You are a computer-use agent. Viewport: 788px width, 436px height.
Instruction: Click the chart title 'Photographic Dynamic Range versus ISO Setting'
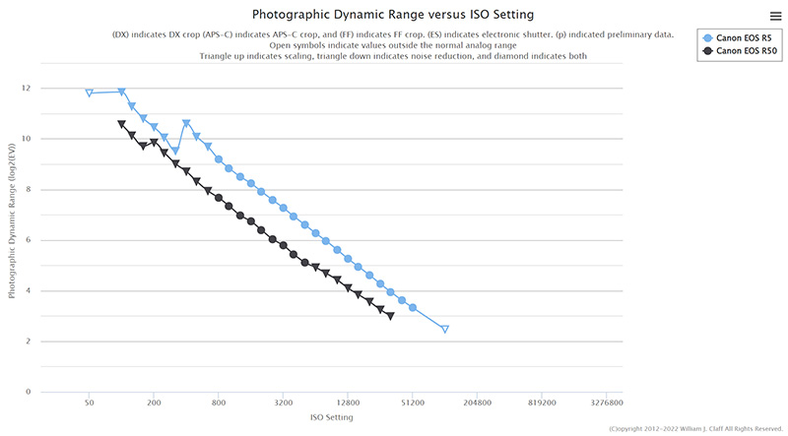[393, 15]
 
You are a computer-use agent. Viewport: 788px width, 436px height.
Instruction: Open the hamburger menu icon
[776, 15]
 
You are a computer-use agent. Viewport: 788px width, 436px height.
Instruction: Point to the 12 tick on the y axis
[27, 89]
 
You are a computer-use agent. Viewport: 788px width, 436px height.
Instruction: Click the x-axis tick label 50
[89, 403]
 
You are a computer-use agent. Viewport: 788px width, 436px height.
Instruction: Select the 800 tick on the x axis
[219, 403]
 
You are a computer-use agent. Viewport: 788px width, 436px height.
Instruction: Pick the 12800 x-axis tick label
[348, 403]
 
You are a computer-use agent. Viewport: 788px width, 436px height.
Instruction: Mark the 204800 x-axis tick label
[477, 403]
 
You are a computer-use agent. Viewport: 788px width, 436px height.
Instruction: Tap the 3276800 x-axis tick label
[606, 403]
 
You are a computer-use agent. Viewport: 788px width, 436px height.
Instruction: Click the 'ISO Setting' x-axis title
[331, 417]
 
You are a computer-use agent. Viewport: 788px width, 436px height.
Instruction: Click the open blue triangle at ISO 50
[90, 93]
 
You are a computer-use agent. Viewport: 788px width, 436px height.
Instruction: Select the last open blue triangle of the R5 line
[445, 329]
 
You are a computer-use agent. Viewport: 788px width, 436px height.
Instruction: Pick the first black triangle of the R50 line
[121, 124]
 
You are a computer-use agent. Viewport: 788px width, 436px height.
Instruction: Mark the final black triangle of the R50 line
[391, 316]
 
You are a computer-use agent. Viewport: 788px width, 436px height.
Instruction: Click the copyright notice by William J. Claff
[696, 429]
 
